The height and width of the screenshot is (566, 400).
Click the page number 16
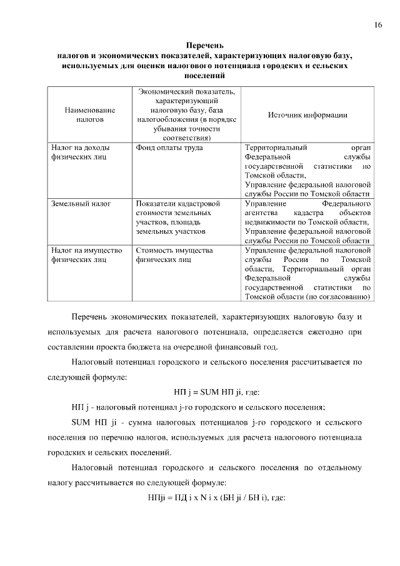tap(378, 24)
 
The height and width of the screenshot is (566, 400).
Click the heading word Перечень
tap(205, 45)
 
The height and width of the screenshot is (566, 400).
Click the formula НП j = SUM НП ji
tap(216, 393)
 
